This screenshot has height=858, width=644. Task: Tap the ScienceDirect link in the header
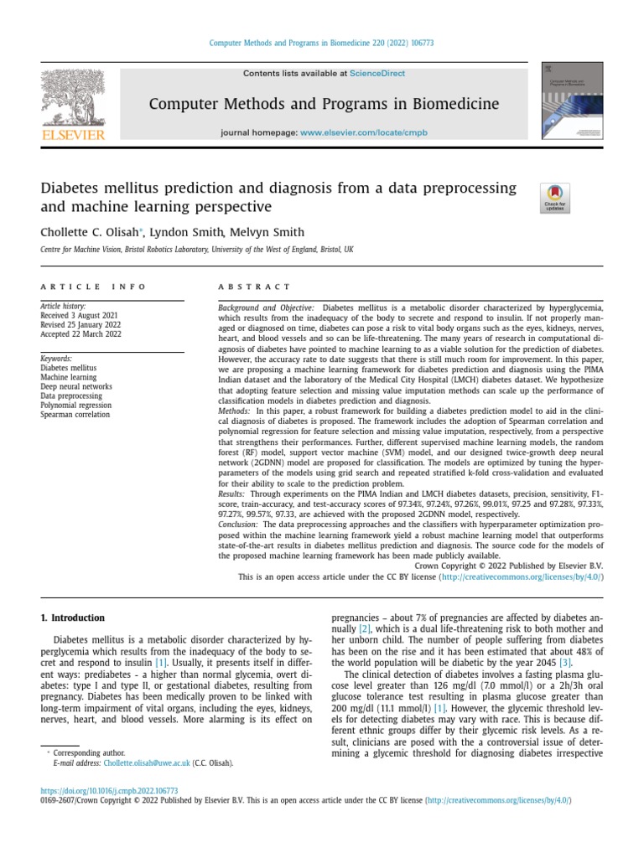click(377, 74)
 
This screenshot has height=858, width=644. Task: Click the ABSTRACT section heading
click(254, 287)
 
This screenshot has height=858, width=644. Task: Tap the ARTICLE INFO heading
click(93, 287)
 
